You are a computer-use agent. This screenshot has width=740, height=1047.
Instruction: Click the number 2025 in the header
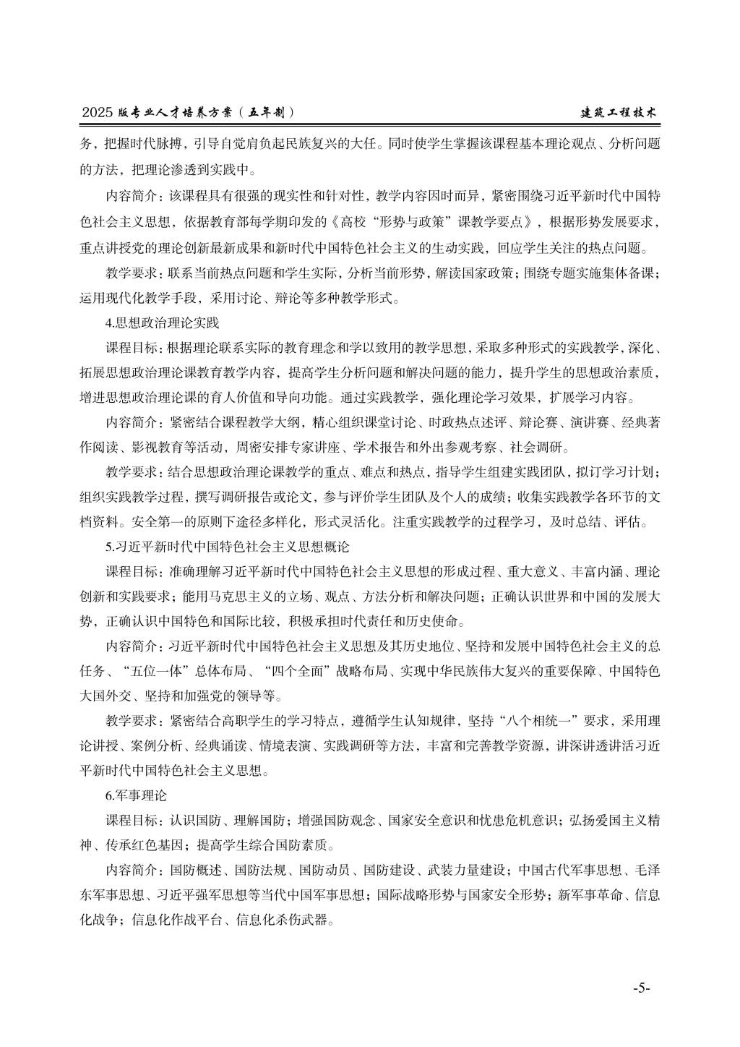click(x=98, y=113)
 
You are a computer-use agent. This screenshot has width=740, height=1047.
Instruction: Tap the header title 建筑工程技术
click(x=621, y=113)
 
